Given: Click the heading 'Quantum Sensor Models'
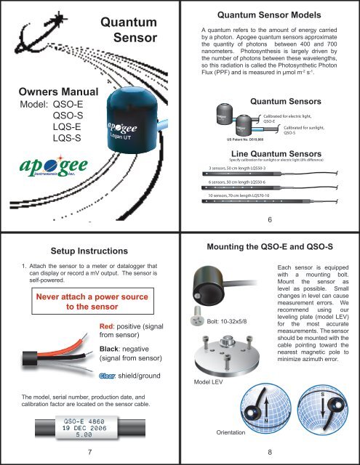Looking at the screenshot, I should tap(270, 14).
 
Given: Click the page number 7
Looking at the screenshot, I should tap(88, 454).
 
